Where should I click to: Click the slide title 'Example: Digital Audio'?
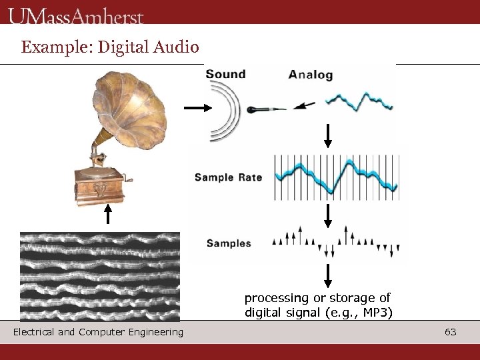(110, 47)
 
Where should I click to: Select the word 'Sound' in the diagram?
(225, 74)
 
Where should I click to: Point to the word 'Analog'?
(310, 75)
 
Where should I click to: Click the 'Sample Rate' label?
(228, 177)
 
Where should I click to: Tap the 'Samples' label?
(229, 243)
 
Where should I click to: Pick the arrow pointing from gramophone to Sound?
(196, 107)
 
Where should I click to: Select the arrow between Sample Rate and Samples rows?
(328, 215)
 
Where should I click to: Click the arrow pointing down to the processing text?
(328, 275)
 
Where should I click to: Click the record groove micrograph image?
(100, 277)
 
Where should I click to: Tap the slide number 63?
(451, 331)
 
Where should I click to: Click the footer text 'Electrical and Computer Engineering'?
(98, 332)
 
